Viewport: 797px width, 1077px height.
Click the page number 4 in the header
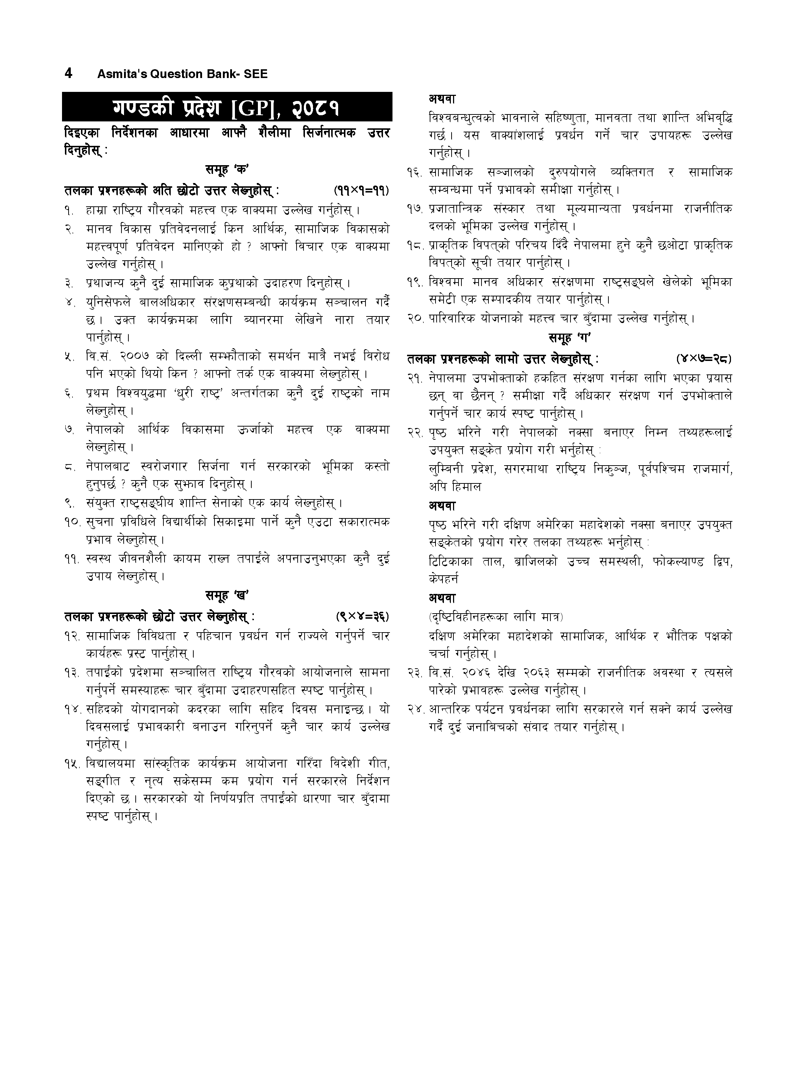click(x=69, y=73)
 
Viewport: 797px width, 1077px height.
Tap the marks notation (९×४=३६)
click(x=362, y=617)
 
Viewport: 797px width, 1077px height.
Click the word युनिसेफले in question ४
click(x=109, y=303)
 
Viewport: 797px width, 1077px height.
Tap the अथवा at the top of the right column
click(x=442, y=99)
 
